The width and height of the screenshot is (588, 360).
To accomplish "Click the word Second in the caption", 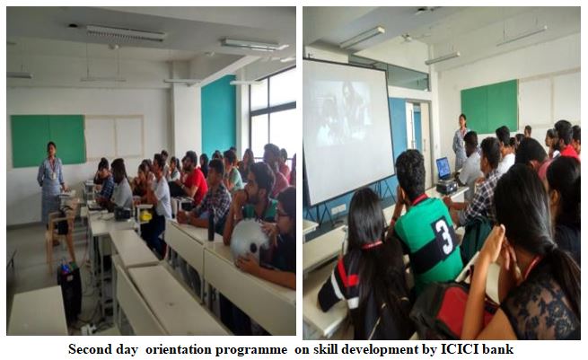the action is tap(91, 349).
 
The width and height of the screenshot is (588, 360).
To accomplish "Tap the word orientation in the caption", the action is tap(178, 349).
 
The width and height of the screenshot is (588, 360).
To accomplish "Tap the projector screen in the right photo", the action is tap(347, 131).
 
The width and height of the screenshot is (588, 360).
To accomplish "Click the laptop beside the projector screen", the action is tap(443, 169).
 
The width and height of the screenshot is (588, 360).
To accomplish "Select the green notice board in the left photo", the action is tap(48, 141).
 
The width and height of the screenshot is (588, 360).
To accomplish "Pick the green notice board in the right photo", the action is tap(489, 106).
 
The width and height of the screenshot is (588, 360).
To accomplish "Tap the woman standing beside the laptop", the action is tap(460, 143).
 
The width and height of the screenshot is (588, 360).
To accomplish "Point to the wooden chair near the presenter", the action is tap(60, 236).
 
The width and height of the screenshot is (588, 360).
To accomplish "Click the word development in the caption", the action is tap(386, 349).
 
